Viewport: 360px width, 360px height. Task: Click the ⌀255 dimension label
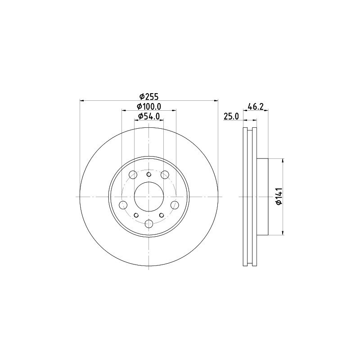tap(149, 97)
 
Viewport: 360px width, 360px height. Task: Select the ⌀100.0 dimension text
tap(149, 107)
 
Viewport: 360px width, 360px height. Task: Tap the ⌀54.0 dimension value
tap(149, 117)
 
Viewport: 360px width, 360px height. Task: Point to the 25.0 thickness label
tap(231, 117)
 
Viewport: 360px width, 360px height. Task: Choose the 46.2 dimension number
tap(255, 107)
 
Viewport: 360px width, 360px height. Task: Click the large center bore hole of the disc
tap(149, 197)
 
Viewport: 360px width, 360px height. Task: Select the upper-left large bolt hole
tap(133, 175)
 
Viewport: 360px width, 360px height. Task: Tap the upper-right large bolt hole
tap(165, 175)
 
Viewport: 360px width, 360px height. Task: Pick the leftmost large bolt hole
tap(123, 205)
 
